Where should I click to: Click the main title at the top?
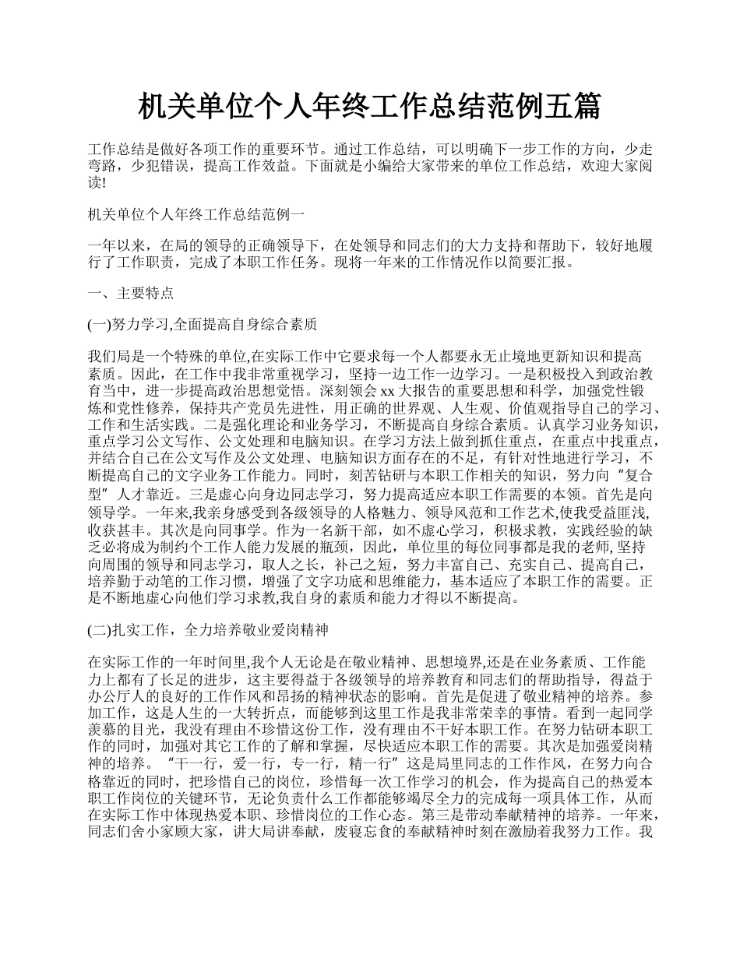coord(369,107)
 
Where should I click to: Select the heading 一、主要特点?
coord(131,294)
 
